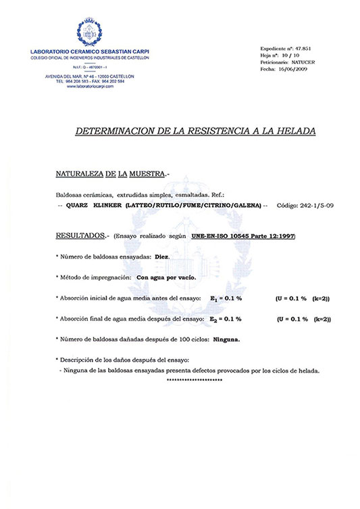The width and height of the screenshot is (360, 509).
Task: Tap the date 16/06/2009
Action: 294,71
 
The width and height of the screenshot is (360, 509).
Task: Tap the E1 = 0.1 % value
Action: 230,298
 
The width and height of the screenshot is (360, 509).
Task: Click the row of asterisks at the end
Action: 194,381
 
